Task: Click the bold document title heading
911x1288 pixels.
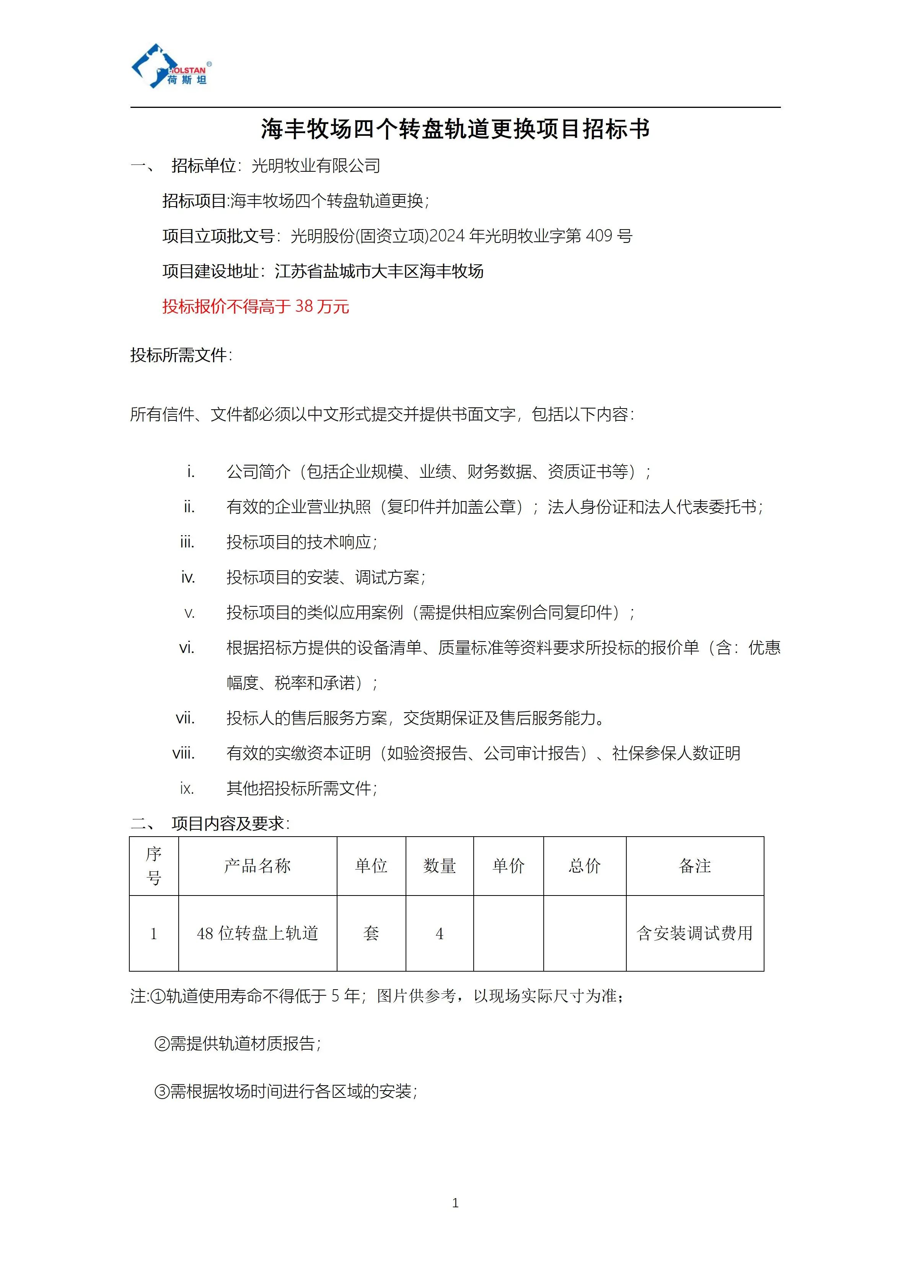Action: click(x=455, y=129)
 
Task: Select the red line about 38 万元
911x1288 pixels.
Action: click(x=256, y=306)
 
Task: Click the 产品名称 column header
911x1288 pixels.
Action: click(x=257, y=866)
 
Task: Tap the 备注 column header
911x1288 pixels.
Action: click(x=694, y=866)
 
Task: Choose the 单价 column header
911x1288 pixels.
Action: click(x=508, y=866)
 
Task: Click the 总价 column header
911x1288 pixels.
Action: click(x=585, y=866)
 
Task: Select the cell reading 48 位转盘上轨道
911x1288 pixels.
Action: click(x=257, y=933)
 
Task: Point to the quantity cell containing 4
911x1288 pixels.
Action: click(x=439, y=933)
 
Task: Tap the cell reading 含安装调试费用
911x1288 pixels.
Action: click(x=694, y=933)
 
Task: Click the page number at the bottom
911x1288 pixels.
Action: click(x=455, y=1203)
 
